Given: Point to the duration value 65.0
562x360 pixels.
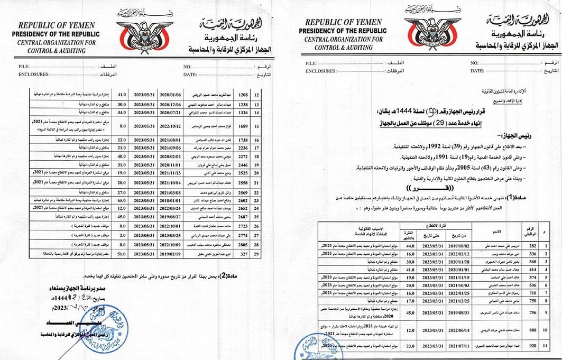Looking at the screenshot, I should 122,201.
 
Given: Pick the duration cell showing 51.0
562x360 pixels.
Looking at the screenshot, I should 122,254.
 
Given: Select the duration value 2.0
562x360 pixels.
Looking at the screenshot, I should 122,234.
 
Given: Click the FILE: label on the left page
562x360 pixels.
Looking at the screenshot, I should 24,67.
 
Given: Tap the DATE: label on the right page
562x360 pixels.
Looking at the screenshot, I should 477,71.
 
